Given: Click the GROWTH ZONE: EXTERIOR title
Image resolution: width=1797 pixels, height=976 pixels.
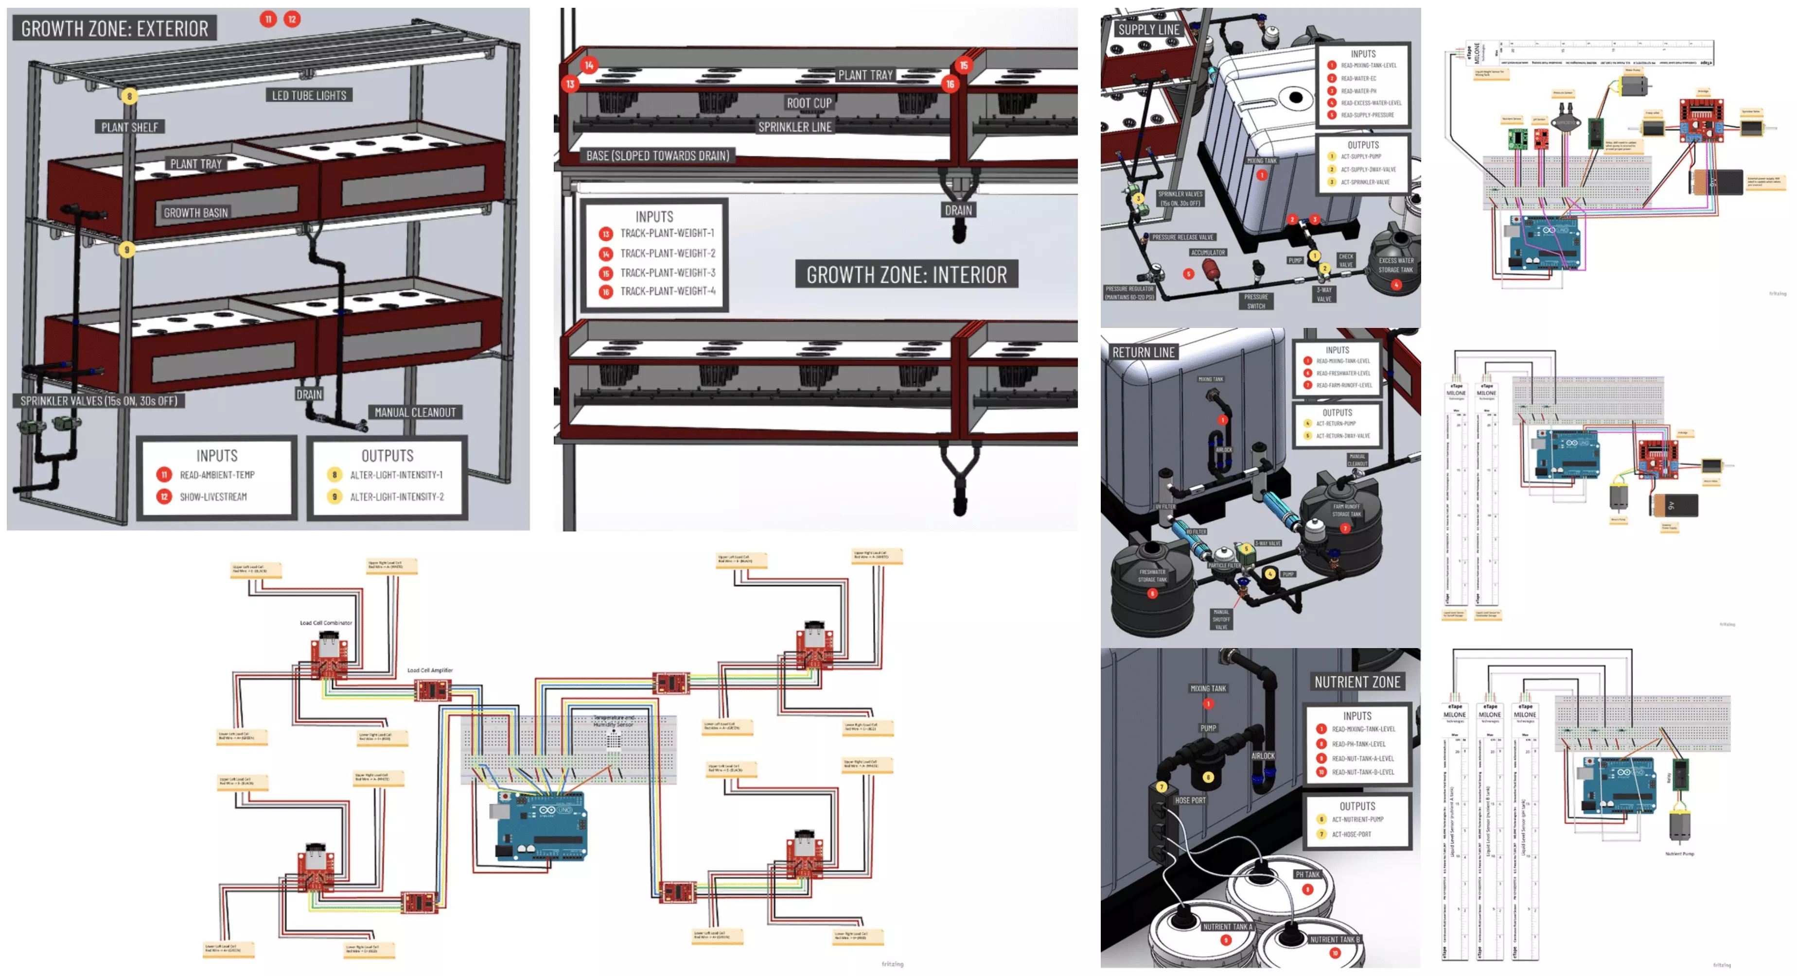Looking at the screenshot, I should tap(114, 29).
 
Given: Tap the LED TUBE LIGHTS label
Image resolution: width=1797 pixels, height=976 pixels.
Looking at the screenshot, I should tap(309, 96).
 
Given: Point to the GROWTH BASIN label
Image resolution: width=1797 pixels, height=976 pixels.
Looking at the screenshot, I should tap(195, 213).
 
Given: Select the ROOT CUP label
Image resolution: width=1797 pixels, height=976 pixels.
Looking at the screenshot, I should tap(809, 103).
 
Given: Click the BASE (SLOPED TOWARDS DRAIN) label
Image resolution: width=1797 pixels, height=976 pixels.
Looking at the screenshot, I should tap(657, 155).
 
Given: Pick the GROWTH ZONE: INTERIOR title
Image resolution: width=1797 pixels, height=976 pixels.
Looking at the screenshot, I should tap(906, 274).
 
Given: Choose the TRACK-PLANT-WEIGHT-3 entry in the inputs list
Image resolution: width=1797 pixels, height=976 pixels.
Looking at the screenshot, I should tap(668, 273).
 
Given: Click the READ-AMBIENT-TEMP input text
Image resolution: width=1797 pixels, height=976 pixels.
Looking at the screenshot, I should tap(217, 475).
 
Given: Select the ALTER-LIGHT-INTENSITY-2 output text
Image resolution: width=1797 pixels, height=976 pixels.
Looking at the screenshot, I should tap(396, 497).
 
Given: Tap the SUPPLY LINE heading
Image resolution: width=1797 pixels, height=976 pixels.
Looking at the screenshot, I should tap(1148, 29).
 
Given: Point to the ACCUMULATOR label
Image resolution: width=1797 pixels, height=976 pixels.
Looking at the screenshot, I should tap(1208, 252).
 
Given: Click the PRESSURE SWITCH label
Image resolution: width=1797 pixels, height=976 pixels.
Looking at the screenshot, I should tap(1256, 301).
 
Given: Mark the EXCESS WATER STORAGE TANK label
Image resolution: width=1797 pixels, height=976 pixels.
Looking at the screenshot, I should tap(1395, 265).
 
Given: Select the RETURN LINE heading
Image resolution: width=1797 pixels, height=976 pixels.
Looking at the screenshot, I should tap(1143, 352).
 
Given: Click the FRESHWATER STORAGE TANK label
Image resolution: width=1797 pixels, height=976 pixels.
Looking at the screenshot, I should tap(1152, 575).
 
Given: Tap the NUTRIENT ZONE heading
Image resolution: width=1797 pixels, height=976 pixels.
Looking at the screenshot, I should tap(1357, 682).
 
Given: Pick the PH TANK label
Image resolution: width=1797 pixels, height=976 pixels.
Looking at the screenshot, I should tap(1306, 874).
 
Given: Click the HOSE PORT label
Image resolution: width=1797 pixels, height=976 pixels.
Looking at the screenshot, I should tap(1189, 800).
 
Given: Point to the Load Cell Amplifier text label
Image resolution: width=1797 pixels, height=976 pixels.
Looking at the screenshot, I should tap(430, 670).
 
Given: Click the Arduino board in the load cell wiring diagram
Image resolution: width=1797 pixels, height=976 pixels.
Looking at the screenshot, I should tap(541, 826).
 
